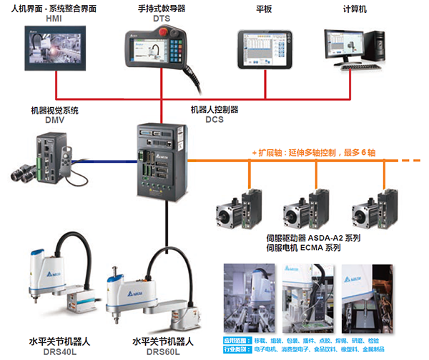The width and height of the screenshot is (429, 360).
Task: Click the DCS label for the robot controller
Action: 214,119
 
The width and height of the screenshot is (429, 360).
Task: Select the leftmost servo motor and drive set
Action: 240,208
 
